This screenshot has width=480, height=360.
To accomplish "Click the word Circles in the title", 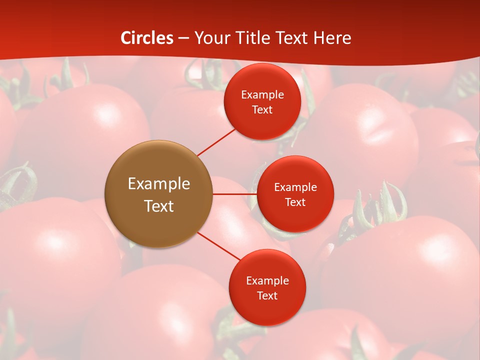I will click(147, 38).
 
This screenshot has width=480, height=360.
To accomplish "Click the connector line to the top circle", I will click(216, 142).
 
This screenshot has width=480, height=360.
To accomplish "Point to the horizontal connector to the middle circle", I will click(234, 194).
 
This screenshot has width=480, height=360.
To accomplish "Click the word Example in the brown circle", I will click(159, 184).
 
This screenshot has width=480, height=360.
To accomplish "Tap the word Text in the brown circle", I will click(159, 206).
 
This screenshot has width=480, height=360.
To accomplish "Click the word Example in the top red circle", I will click(262, 94).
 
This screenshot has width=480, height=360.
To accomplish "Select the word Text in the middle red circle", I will click(295, 202).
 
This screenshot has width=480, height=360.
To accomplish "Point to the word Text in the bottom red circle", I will click(267, 295).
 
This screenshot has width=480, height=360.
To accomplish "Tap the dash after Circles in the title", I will click(183, 38).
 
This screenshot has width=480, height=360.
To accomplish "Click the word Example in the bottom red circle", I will click(267, 280).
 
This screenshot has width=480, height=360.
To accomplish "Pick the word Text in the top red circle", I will click(262, 109).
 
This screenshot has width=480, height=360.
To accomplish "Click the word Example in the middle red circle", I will click(295, 187).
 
